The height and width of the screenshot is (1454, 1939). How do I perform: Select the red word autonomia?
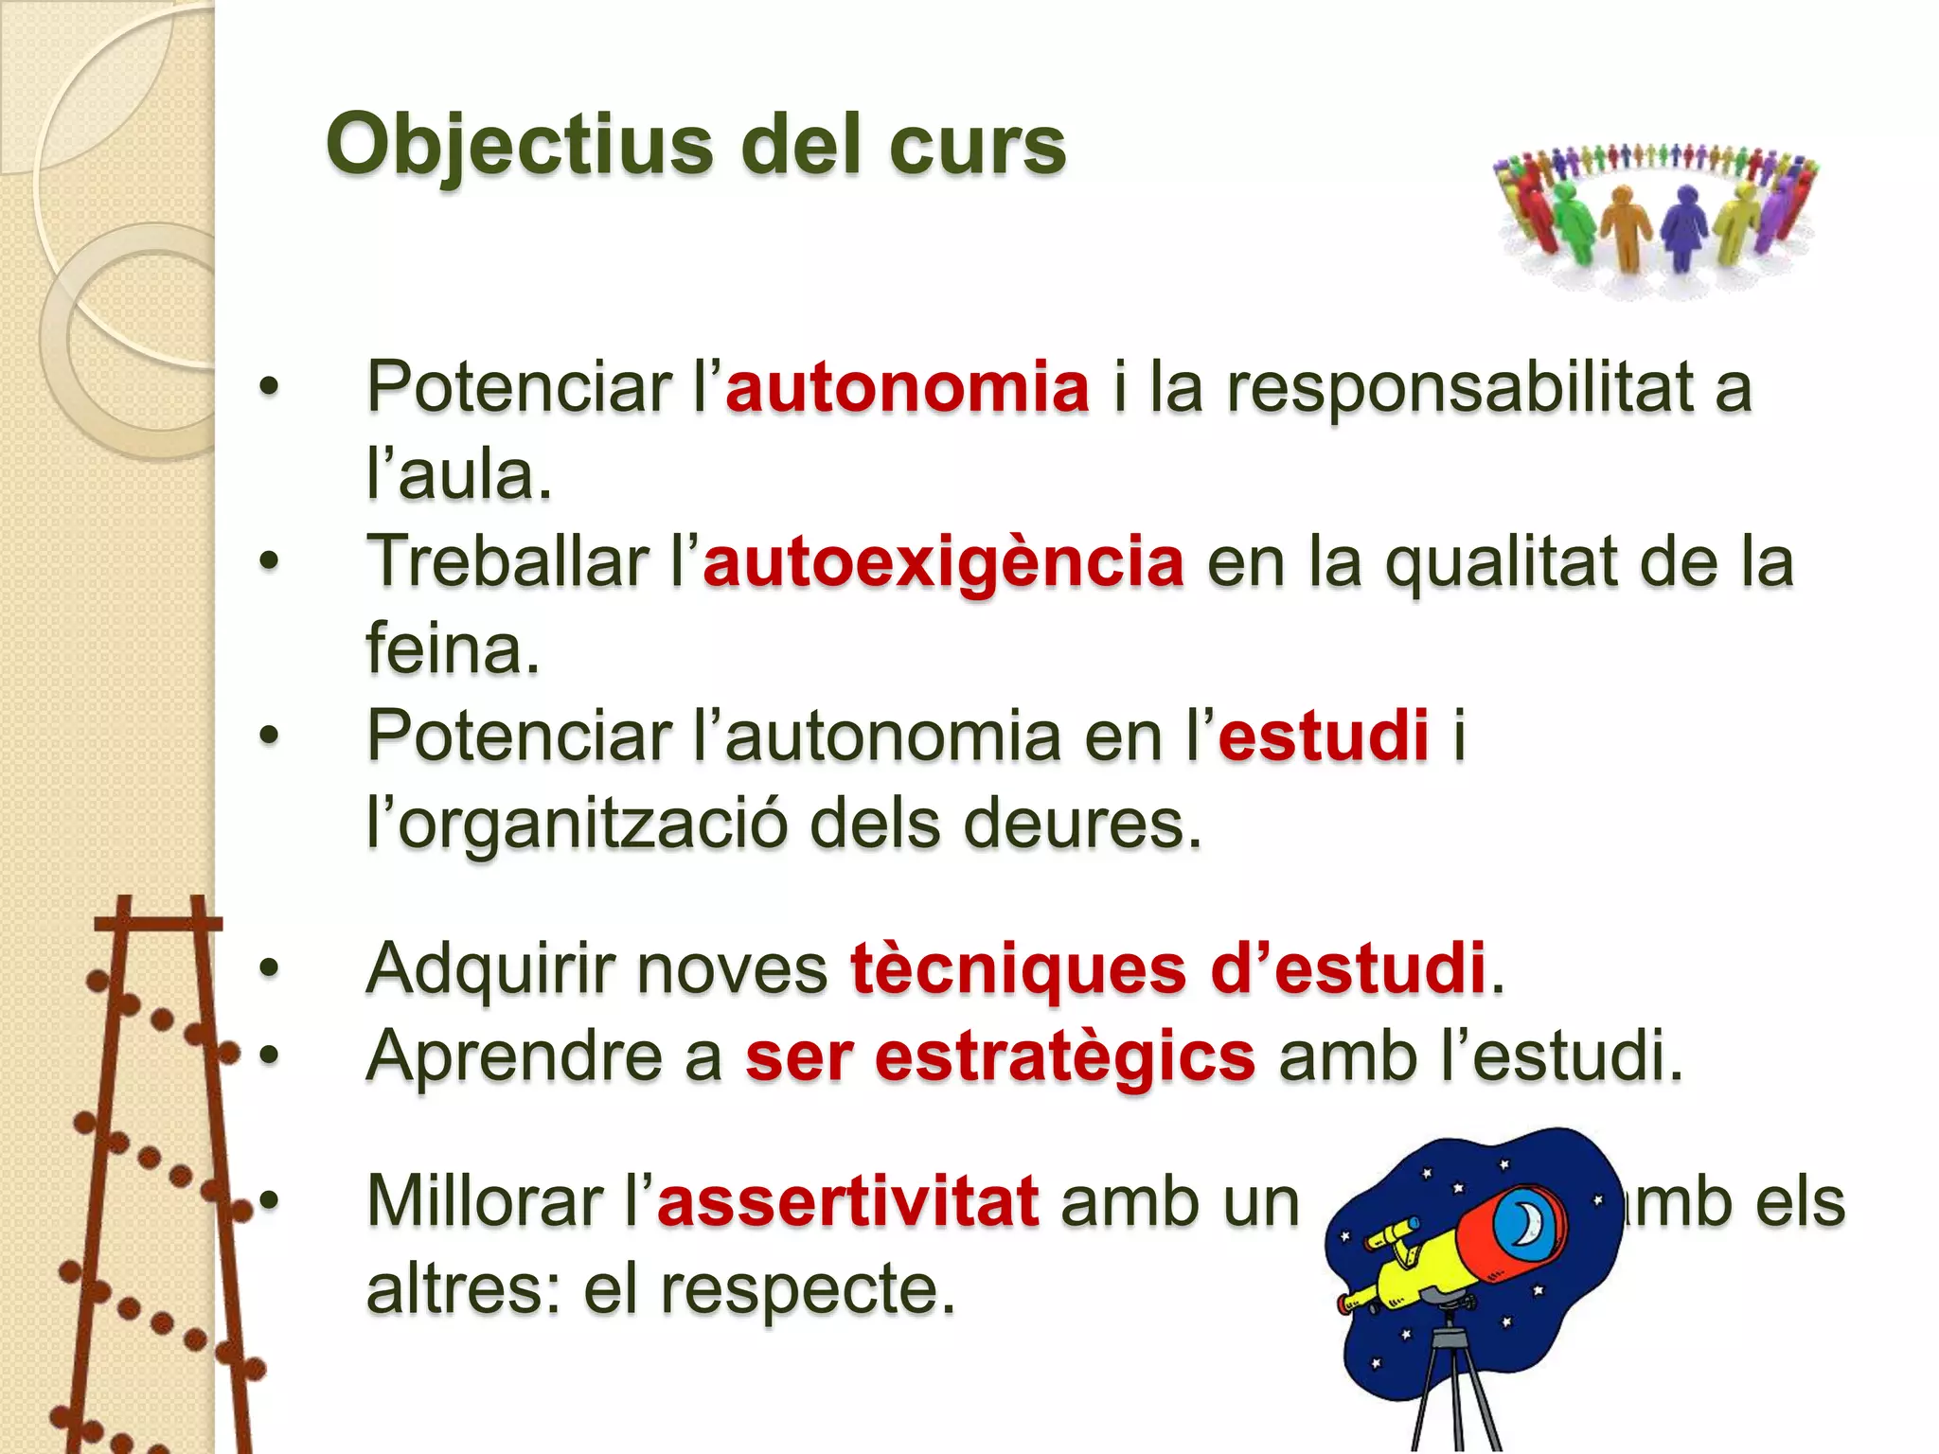coord(908,387)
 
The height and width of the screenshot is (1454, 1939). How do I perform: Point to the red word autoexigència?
coord(943,561)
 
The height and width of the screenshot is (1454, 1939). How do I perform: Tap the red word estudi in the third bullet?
coord(1324,736)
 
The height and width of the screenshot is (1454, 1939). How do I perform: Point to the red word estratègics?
coord(1065,1056)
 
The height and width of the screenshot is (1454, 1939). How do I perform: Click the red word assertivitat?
coord(848,1201)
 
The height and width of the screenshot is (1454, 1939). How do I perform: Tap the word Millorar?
coord(486,1201)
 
